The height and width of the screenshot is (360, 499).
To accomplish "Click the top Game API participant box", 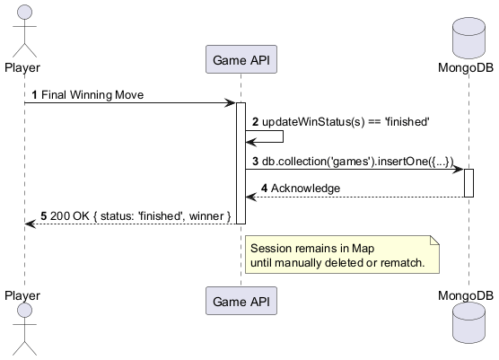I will point(241,60).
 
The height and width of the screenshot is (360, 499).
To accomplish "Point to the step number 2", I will point(255,121).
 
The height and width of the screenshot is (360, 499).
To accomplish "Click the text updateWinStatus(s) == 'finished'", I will point(346,121).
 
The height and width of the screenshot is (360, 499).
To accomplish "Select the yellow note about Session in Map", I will point(345,254).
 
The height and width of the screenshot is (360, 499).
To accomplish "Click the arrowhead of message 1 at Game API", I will point(231,103).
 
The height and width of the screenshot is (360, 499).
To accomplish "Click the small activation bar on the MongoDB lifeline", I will point(468,183).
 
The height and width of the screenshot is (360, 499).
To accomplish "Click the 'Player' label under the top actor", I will point(22,66).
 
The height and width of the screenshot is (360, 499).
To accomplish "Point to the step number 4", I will point(265,189).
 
